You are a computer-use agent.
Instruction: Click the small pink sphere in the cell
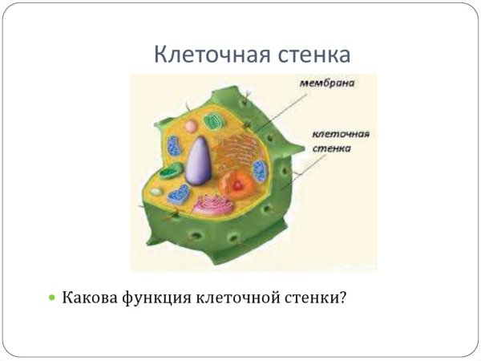[191, 125]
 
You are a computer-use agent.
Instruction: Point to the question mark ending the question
[342, 298]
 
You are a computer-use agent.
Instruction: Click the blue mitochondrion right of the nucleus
[260, 170]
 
